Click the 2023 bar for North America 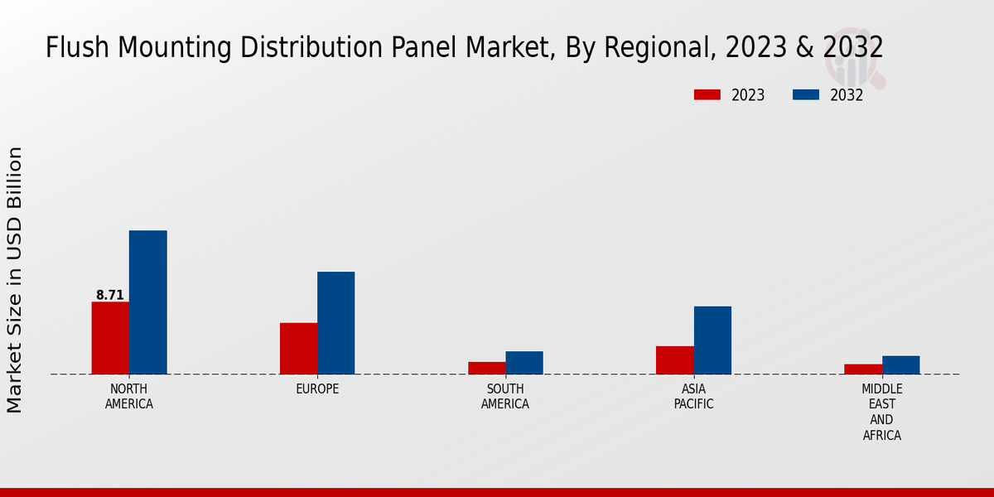[x=110, y=338]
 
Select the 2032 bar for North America [x=147, y=302]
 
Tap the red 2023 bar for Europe [x=298, y=348]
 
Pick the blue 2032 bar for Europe [x=335, y=323]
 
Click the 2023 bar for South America [x=486, y=368]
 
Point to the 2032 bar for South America [x=524, y=363]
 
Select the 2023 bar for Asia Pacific [x=674, y=359]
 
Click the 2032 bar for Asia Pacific [x=712, y=340]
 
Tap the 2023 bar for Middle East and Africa [x=863, y=369]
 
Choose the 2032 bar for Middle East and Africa [x=900, y=364]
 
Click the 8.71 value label [x=110, y=295]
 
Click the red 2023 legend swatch [x=707, y=94]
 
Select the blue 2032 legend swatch [x=805, y=94]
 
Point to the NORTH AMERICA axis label [x=129, y=397]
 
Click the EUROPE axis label [x=317, y=389]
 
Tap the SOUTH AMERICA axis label [x=505, y=397]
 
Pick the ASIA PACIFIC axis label [x=693, y=397]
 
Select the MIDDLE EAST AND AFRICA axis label [x=881, y=412]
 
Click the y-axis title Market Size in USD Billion [x=15, y=279]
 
